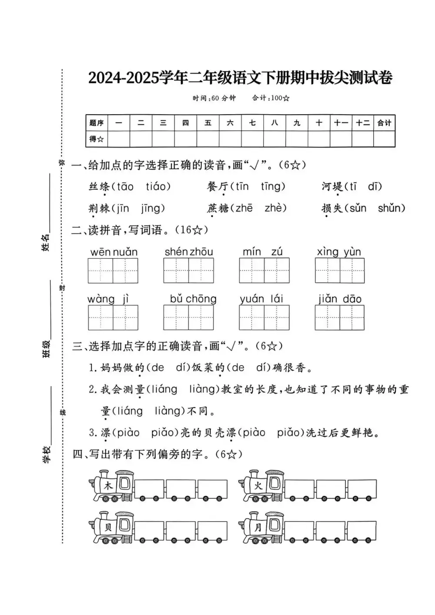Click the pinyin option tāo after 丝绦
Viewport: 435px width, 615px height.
click(x=125, y=187)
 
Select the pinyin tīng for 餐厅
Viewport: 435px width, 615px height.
click(x=273, y=187)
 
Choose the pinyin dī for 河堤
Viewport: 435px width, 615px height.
click(x=374, y=187)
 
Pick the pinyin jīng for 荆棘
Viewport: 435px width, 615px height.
click(x=151, y=209)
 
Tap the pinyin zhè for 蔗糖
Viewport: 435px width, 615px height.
click(x=275, y=209)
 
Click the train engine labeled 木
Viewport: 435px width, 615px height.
click(x=111, y=486)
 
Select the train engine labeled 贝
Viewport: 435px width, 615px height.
click(x=111, y=528)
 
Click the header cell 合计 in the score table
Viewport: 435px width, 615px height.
click(x=385, y=123)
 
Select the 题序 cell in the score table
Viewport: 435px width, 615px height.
click(x=97, y=123)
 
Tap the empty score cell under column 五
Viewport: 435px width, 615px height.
click(x=208, y=139)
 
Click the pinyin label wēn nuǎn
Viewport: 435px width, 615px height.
click(x=114, y=253)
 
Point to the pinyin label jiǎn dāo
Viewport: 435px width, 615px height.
click(x=340, y=299)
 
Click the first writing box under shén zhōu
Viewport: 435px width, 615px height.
click(x=176, y=270)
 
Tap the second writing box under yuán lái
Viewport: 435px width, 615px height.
click(x=277, y=317)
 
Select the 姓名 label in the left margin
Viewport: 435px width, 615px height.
click(x=46, y=242)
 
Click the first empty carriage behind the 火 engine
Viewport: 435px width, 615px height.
click(x=299, y=489)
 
